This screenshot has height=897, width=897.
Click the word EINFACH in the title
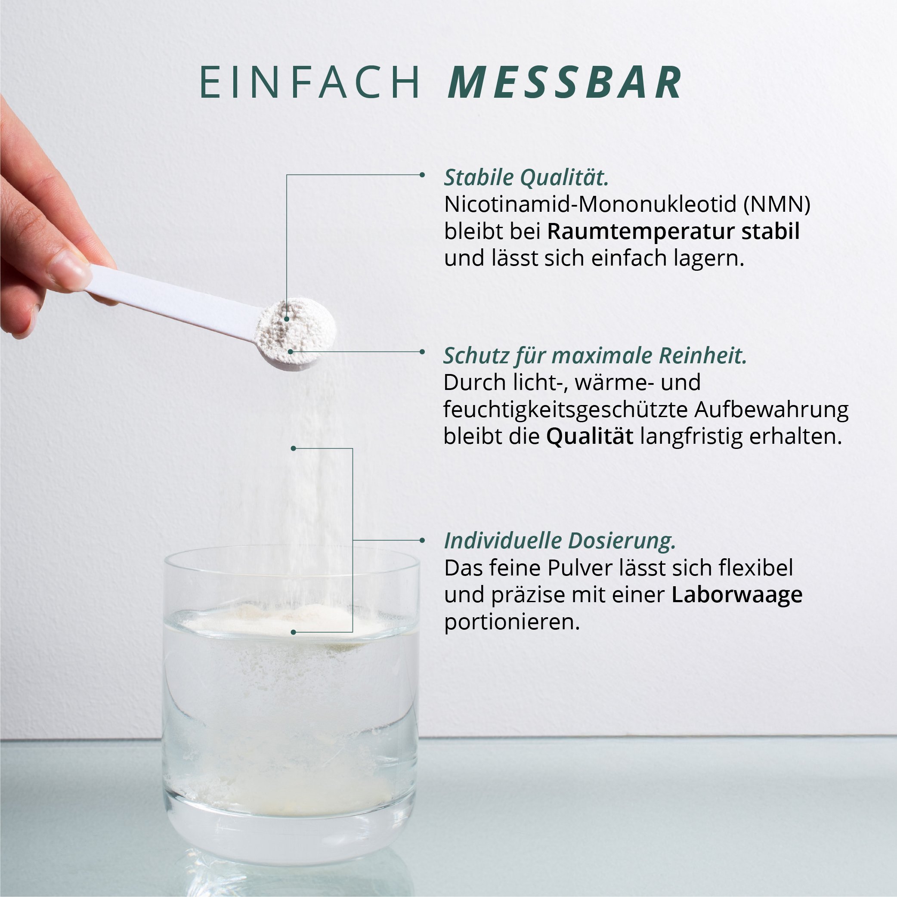[x=309, y=83]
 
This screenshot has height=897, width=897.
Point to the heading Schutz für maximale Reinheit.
[x=595, y=356]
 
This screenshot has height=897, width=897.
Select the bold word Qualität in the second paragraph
[x=590, y=436]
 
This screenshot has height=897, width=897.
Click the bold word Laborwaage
[x=737, y=595]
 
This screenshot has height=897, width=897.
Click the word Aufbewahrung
[x=772, y=409]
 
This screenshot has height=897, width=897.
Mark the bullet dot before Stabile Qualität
[x=422, y=175]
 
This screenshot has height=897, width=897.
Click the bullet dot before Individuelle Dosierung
[x=422, y=541]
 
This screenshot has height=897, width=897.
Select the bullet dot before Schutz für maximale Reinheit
[x=422, y=352]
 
